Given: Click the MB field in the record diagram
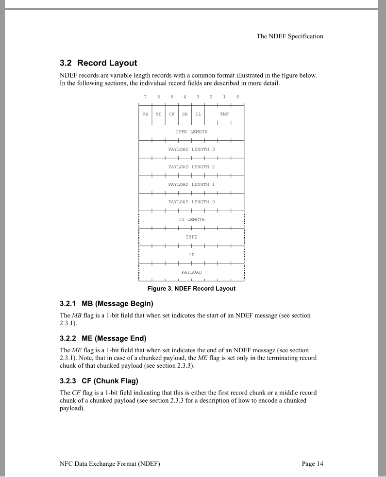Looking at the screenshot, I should point(145,114).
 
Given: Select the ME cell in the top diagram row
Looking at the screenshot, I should point(158,114).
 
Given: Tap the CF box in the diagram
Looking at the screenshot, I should point(171,114).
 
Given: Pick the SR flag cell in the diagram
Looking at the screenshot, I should point(185,114).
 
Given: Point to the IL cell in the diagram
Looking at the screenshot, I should point(198,114).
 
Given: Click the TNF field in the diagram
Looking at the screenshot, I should point(224,114).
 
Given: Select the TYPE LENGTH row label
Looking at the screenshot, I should point(191,132).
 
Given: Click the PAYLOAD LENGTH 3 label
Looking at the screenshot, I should point(191,149).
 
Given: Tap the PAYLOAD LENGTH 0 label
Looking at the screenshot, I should point(191,202).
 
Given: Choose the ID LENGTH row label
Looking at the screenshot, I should point(191,219).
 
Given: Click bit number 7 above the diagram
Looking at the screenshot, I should point(145,97).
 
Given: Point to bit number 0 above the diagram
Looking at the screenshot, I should point(237,97).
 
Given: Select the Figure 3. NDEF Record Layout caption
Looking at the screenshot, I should point(191,289).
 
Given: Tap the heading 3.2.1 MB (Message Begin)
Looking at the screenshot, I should point(106,304).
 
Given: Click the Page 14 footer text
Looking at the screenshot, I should point(312,464).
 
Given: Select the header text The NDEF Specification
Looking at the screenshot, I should point(290,36).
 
